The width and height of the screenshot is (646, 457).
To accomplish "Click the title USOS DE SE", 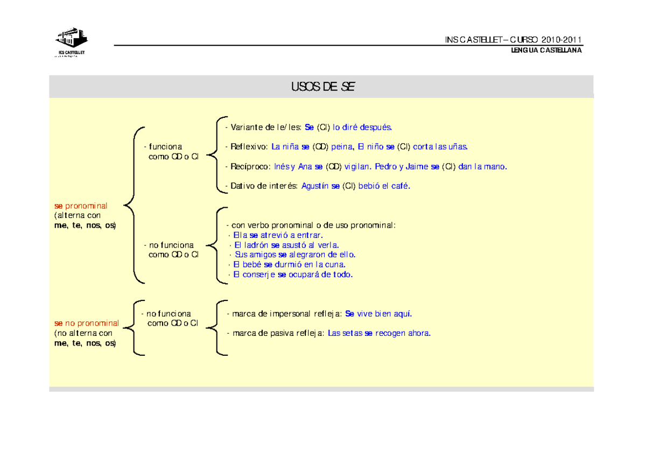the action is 322,87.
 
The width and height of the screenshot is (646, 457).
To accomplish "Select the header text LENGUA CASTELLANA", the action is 546,50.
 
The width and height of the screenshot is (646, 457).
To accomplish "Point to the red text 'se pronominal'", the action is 81,206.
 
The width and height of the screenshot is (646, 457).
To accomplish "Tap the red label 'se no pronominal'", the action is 87,323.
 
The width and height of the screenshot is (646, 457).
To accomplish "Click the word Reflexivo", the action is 249,147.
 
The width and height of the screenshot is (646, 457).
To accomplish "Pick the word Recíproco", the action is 250,167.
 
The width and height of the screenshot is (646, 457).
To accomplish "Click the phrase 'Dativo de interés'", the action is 264,186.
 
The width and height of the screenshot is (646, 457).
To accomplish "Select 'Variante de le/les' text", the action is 265,127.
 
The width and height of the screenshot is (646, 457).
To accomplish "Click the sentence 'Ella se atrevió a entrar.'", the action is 278,235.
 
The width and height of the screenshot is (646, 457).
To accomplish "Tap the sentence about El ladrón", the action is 286,245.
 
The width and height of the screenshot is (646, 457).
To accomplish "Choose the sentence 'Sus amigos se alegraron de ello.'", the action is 295,255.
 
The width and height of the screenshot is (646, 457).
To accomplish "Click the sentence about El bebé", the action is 289,264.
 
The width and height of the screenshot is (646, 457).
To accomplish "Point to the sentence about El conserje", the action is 293,275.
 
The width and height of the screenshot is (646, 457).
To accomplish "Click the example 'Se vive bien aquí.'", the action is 378,314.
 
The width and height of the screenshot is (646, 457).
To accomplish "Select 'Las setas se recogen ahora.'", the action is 379,333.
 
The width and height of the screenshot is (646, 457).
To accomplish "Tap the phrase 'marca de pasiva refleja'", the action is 278,333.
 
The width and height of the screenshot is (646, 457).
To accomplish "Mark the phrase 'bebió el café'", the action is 384,186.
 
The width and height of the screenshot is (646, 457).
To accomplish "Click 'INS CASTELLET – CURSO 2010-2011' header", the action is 513,40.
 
